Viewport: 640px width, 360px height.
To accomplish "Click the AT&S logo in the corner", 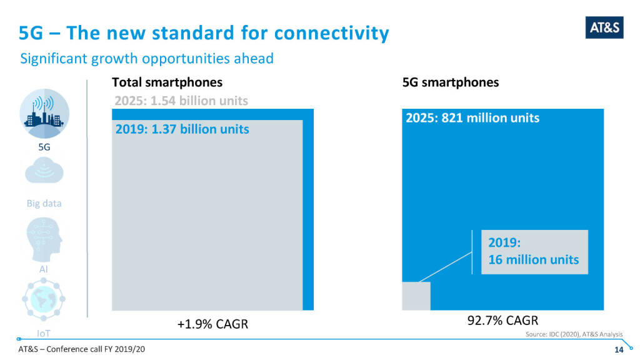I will click(x=604, y=27).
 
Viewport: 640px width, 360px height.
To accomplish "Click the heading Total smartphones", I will click(x=167, y=82).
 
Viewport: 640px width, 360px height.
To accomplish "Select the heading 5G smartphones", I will click(x=451, y=82).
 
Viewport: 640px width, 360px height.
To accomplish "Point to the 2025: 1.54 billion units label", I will click(x=181, y=101).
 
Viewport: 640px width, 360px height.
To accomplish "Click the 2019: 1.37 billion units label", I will click(x=182, y=129).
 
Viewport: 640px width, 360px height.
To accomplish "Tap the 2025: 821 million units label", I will click(x=472, y=117).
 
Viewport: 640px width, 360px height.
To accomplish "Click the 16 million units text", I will click(x=533, y=259).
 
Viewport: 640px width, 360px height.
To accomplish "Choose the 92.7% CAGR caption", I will click(x=502, y=321).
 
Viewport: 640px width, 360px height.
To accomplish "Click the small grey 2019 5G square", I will click(x=416, y=296).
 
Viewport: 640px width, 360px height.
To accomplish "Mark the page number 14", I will click(x=619, y=349).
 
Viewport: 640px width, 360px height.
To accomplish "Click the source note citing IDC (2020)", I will click(x=571, y=336).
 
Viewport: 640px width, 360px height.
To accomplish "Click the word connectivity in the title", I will click(x=331, y=32).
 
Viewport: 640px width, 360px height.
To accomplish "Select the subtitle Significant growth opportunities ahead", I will click(x=147, y=59).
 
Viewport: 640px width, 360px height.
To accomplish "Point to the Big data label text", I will click(x=44, y=204).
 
